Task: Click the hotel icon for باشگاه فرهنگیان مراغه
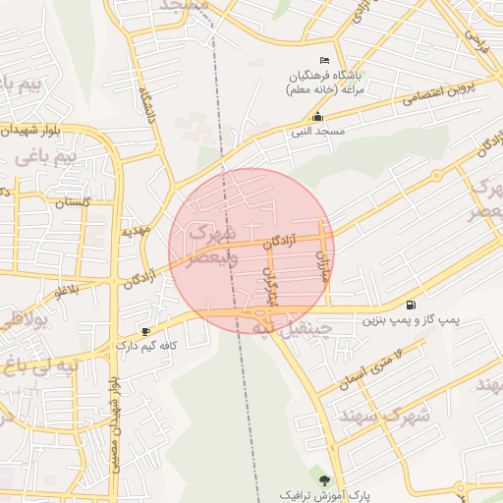coord(326,61)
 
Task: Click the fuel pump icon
coord(410,305)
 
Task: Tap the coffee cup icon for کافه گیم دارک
coord(146,331)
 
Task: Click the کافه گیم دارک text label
coord(146,346)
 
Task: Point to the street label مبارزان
coord(321,265)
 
